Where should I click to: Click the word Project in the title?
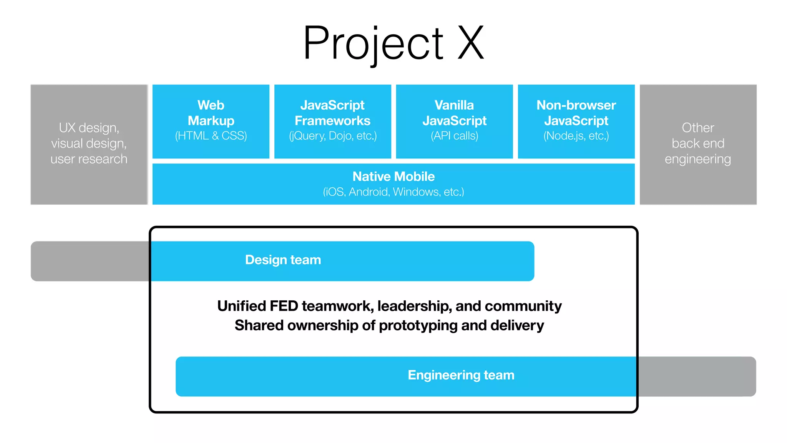click(373, 43)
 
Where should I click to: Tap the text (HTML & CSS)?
click(211, 136)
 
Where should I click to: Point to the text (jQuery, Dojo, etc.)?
click(333, 136)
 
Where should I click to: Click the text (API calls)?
click(454, 136)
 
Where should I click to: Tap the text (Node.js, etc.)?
click(576, 136)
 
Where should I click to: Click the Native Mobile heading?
click(393, 177)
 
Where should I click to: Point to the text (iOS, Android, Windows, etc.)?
click(393, 192)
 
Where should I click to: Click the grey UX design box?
click(89, 144)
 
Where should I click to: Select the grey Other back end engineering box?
click(698, 144)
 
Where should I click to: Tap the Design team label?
click(283, 260)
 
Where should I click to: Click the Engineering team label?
click(461, 375)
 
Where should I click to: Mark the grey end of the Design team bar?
click(90, 261)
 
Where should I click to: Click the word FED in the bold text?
click(284, 306)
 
